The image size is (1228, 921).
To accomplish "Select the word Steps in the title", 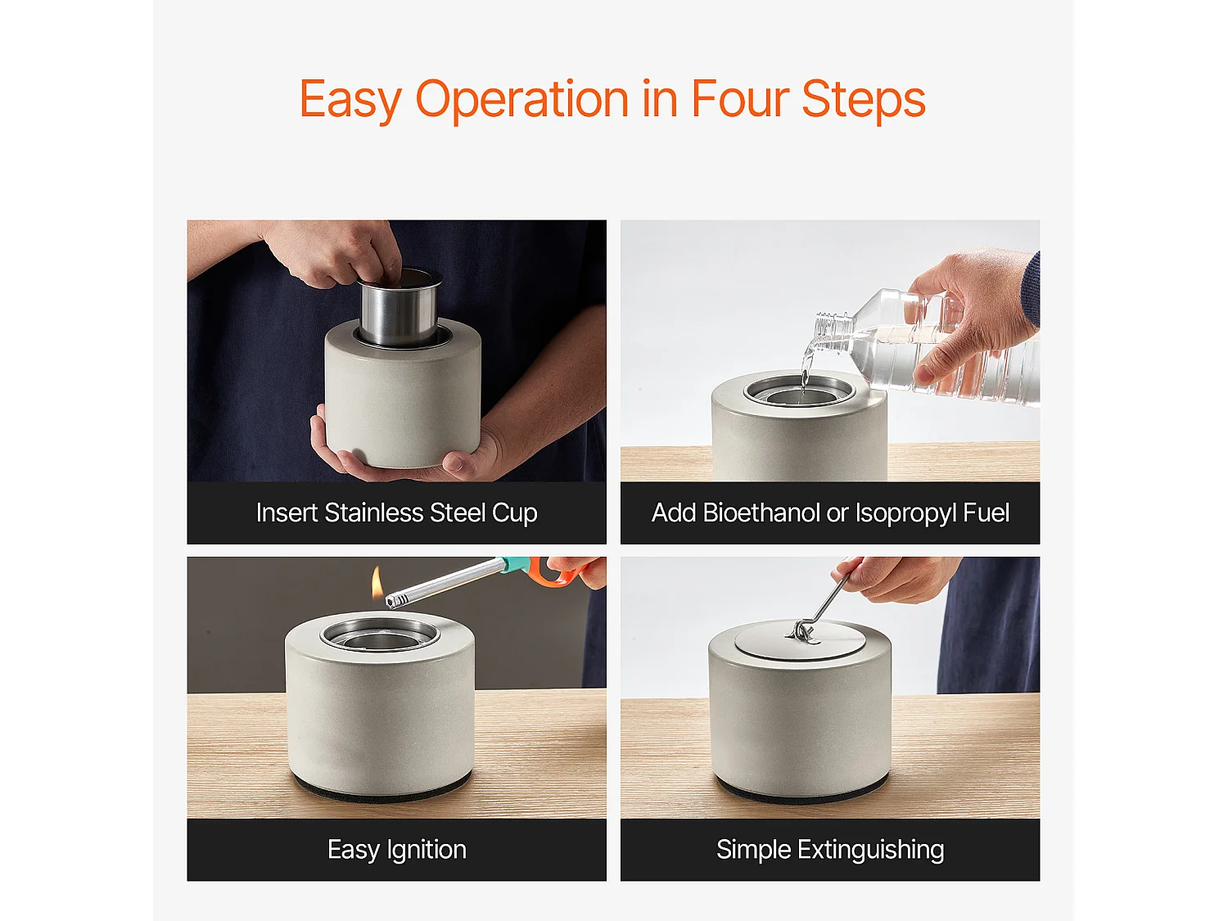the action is [863, 102].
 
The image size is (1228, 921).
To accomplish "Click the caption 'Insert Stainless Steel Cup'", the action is [397, 512].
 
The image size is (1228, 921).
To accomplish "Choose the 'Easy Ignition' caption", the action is [397, 850].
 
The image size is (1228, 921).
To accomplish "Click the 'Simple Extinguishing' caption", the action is [830, 850].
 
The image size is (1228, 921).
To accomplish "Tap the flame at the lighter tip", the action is [377, 581].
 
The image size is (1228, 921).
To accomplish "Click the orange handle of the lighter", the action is [554, 571].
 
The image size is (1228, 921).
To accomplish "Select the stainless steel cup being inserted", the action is [400, 308].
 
